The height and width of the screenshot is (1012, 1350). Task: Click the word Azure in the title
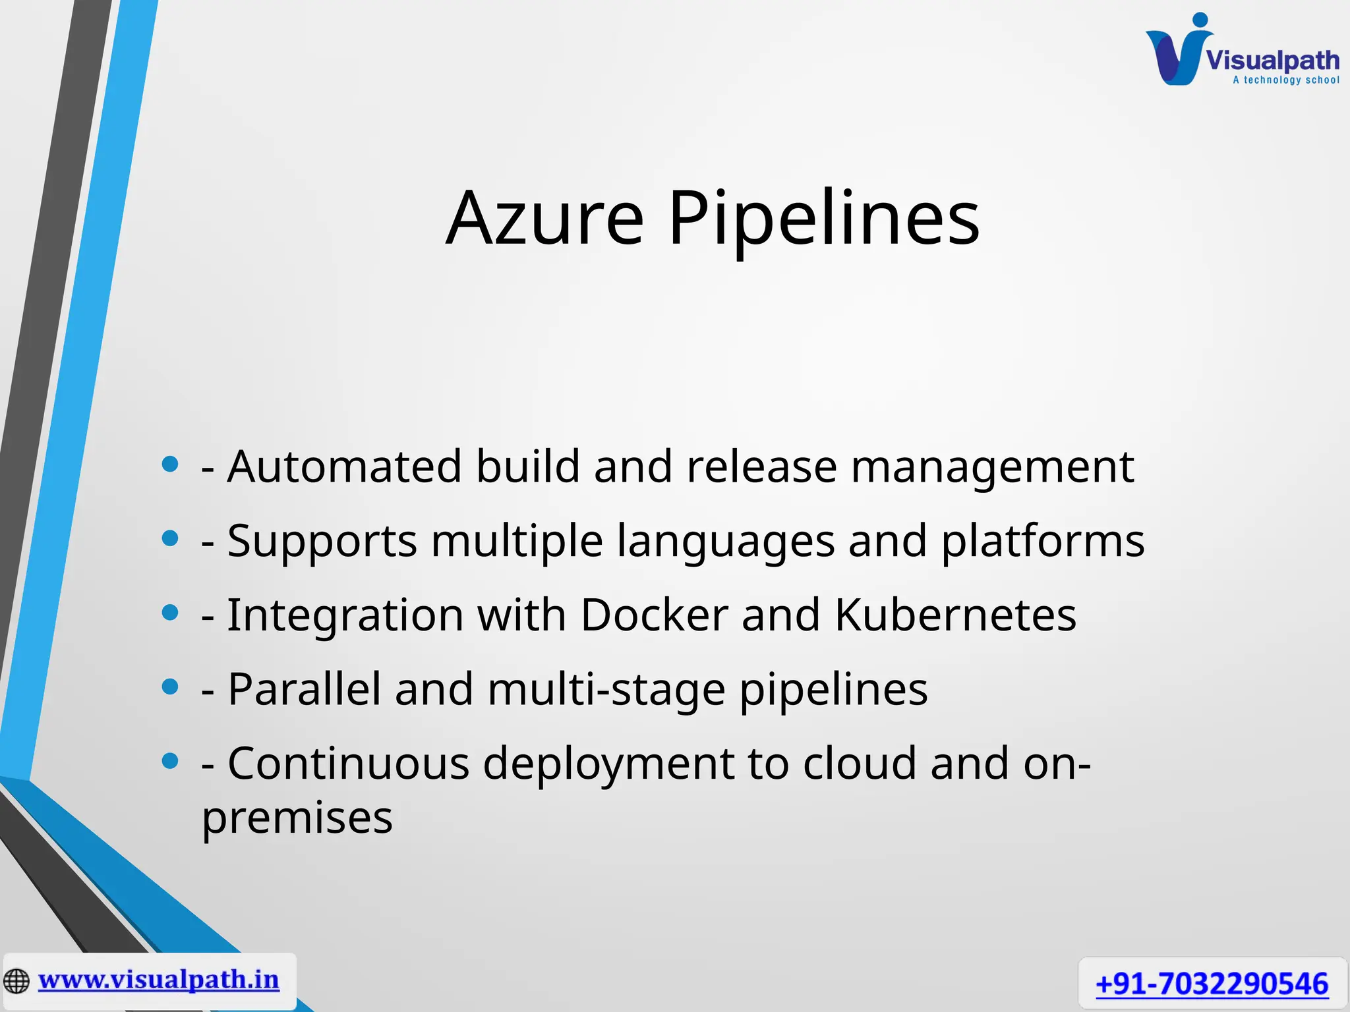pyautogui.click(x=544, y=218)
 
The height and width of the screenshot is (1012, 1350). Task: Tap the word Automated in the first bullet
pyautogui.click(x=344, y=466)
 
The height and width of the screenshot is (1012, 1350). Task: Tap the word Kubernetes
pyautogui.click(x=955, y=615)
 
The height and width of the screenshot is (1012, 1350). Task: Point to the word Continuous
pyautogui.click(x=348, y=764)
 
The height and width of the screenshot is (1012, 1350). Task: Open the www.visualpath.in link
pyautogui.click(x=159, y=980)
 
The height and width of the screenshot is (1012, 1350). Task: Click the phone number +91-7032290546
pyautogui.click(x=1212, y=984)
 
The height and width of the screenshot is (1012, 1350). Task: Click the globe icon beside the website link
pyautogui.click(x=16, y=981)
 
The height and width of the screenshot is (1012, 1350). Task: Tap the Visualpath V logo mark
pyautogui.click(x=1177, y=53)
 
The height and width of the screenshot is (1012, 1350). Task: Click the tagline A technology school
pyautogui.click(x=1286, y=80)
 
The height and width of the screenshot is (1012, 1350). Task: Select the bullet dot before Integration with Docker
pyautogui.click(x=170, y=613)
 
